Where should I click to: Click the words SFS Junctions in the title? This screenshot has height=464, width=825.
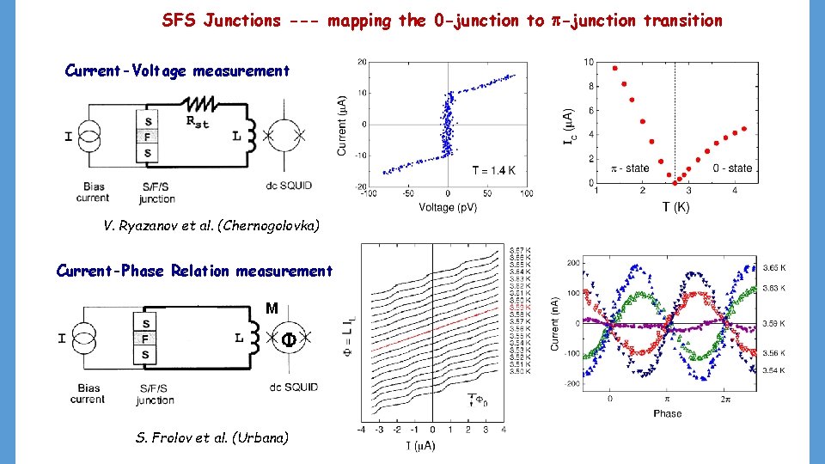221,21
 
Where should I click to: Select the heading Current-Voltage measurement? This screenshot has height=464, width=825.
177,71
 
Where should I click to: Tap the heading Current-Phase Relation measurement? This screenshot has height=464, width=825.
194,272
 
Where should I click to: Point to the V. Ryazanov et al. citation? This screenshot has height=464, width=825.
211,226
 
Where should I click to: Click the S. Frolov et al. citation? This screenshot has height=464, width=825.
212,437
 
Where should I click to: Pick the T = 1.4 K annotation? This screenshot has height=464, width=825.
493,171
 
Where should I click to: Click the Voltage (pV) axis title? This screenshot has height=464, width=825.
448,207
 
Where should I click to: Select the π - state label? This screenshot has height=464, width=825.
629,168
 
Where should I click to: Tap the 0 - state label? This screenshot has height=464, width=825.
732,168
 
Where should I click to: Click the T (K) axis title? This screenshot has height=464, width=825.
675,206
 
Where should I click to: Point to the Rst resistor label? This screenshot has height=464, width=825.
197,121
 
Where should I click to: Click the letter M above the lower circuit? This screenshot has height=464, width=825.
272,308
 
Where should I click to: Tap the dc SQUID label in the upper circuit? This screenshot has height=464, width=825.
290,186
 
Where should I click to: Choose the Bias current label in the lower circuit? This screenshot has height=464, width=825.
87,394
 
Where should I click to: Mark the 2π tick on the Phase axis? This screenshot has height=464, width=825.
726,399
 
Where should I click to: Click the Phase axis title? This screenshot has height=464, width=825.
667,413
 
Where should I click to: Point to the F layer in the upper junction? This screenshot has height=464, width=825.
148,136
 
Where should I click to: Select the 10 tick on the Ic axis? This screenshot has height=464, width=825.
588,62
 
